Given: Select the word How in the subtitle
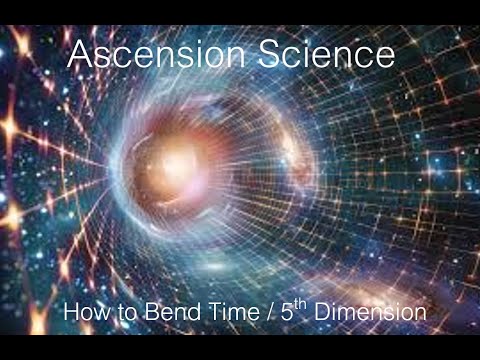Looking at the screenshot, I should click(x=82, y=313).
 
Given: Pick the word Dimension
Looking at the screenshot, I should click(x=370, y=313).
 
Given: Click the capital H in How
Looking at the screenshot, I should click(x=69, y=313).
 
